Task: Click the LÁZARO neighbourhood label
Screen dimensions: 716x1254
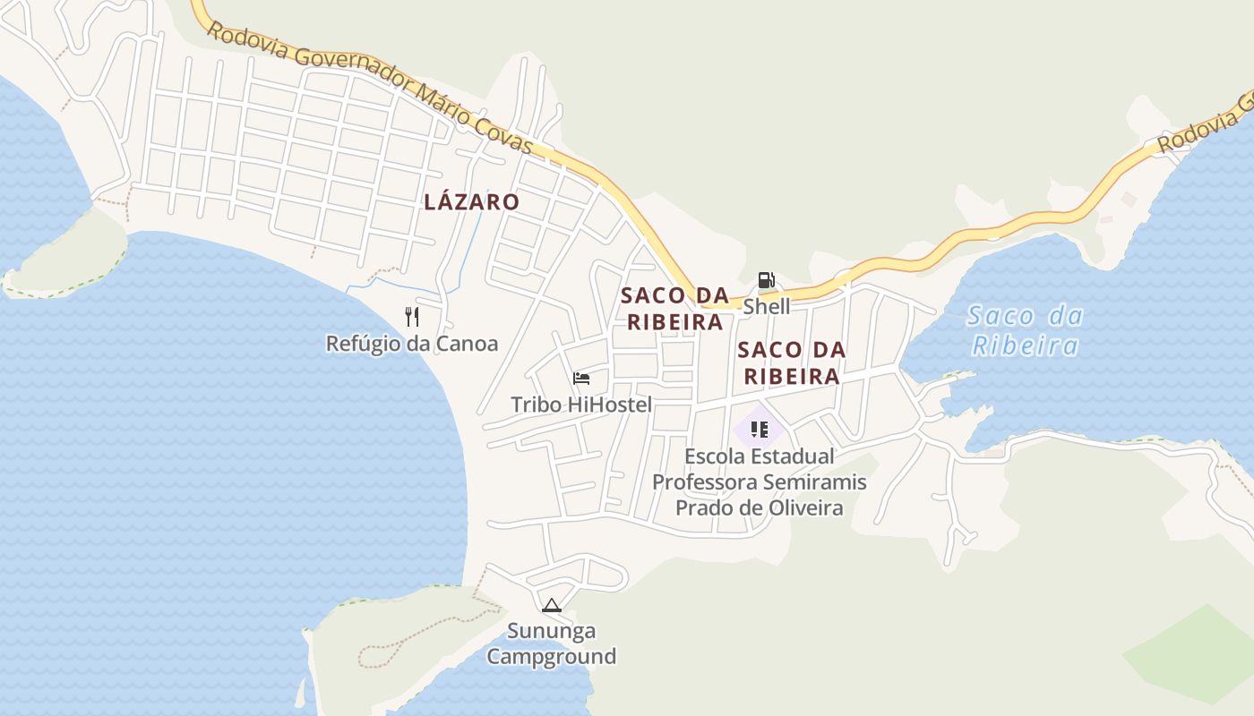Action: click(471, 201)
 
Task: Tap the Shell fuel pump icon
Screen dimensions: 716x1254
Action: click(766, 280)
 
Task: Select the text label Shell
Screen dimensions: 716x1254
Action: click(767, 306)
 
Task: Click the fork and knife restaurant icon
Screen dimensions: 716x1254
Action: click(412, 316)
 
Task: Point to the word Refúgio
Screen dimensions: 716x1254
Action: click(364, 344)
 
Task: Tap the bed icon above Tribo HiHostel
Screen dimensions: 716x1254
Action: click(581, 379)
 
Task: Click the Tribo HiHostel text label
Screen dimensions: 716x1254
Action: click(581, 405)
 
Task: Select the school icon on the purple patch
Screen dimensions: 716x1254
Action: click(760, 430)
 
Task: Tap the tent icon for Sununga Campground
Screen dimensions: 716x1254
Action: click(551, 605)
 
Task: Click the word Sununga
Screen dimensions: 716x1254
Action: click(551, 631)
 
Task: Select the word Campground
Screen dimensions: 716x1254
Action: click(551, 656)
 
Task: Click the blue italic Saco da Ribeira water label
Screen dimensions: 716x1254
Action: click(1026, 330)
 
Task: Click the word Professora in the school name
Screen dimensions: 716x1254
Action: click(703, 482)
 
